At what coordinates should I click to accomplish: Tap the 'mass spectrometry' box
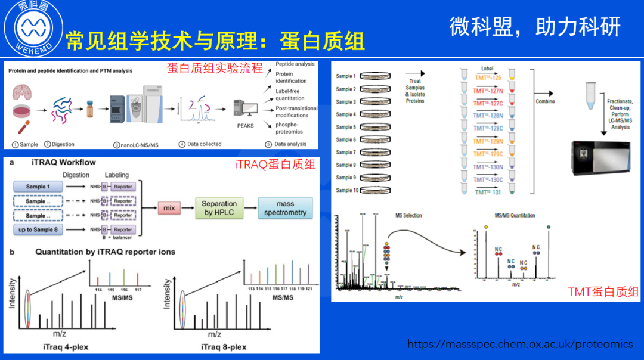coord(285,208)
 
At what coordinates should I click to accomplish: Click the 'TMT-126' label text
coord(487,77)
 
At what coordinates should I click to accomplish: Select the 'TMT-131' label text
coord(487,191)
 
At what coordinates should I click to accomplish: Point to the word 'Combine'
coord(545,101)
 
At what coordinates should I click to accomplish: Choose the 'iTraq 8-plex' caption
coord(224,347)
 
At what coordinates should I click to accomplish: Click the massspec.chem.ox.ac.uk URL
coord(520,344)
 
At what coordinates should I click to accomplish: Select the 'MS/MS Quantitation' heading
coord(515,215)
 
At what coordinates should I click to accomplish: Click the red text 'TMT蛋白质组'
coord(603,291)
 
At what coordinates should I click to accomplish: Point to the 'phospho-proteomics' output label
coord(290,128)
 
